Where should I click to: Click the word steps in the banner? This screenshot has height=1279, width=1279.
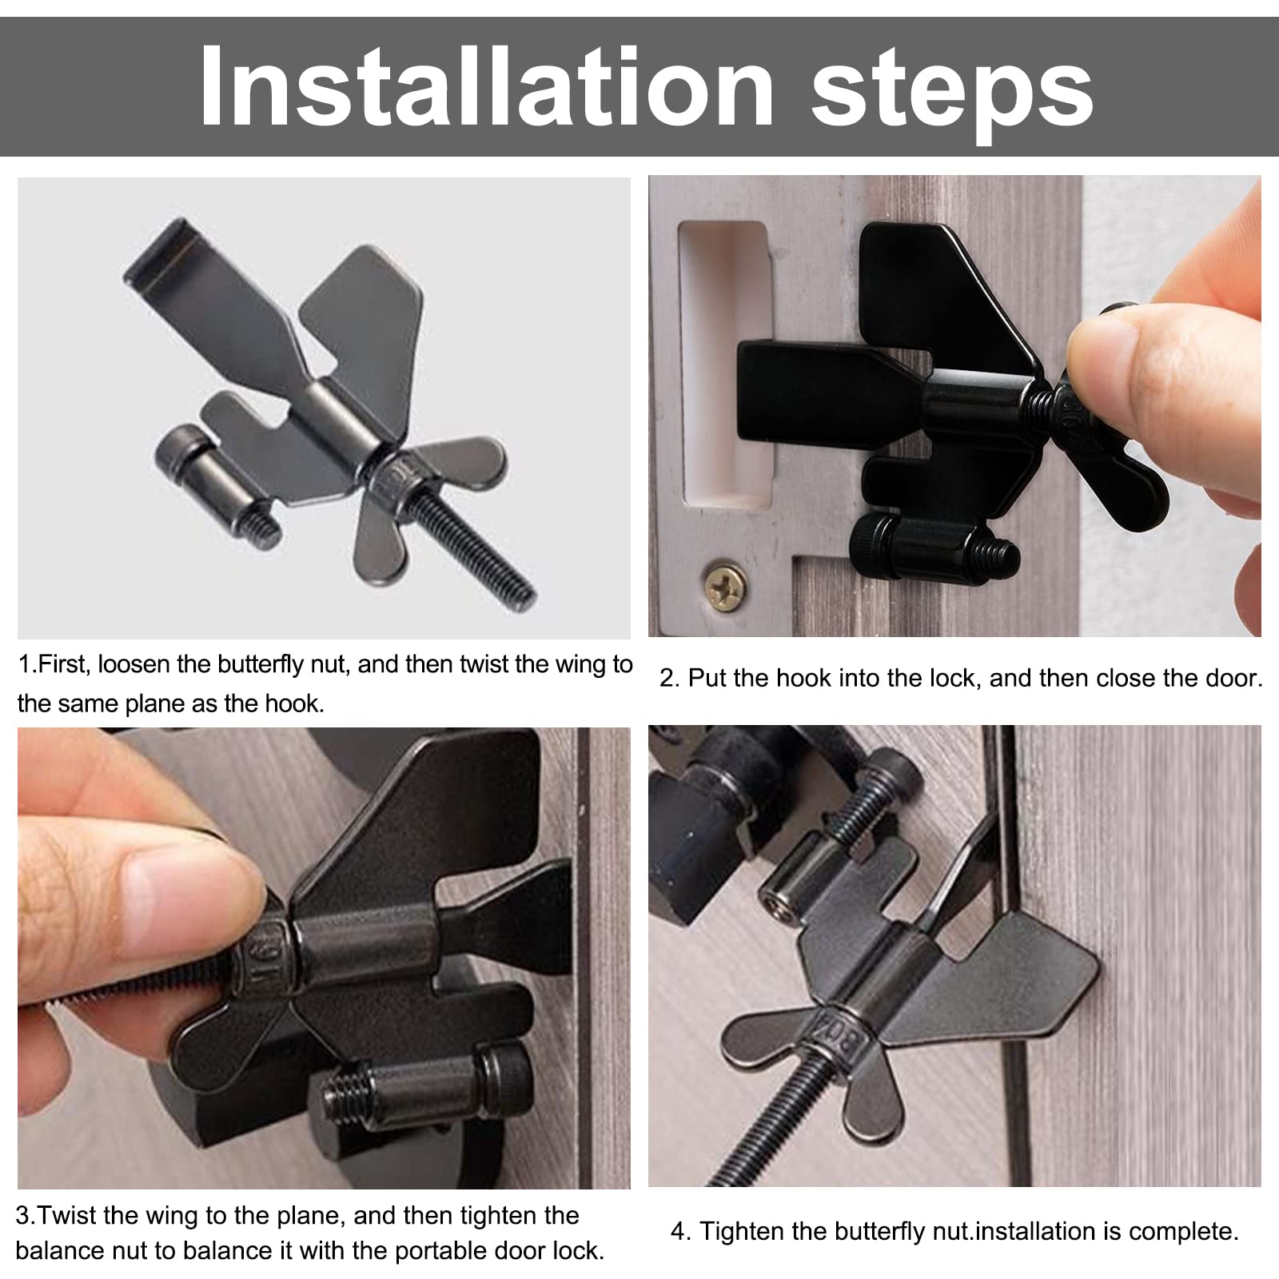coord(953,94)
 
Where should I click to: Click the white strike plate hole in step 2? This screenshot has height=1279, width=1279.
coord(723,365)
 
